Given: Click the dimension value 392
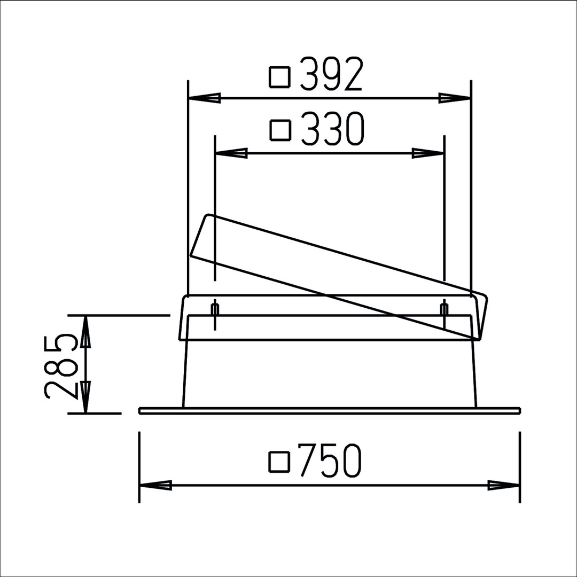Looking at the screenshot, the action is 332,74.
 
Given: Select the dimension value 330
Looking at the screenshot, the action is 333,128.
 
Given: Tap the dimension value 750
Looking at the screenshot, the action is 330,460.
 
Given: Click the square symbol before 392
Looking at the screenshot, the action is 280,77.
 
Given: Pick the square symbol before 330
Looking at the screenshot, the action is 281,130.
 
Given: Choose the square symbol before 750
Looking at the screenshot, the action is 279,462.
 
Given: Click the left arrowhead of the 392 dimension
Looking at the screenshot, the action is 204,98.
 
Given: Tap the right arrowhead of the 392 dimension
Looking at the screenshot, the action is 455,98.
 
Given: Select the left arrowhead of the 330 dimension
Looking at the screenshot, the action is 231,153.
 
